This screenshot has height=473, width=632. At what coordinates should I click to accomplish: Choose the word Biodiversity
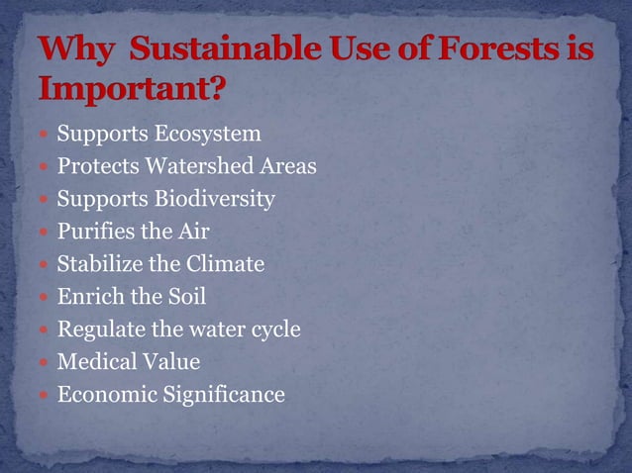pyautogui.click(x=213, y=199)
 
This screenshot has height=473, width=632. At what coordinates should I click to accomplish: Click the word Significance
pyautogui.click(x=225, y=395)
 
